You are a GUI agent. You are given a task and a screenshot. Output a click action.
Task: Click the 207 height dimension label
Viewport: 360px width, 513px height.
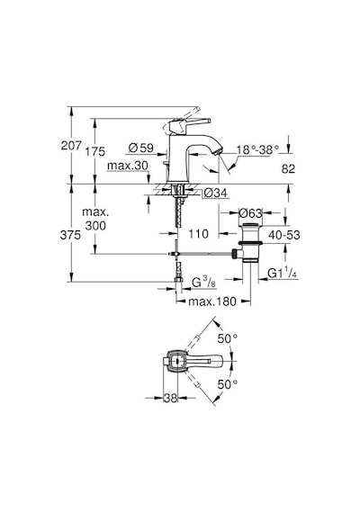71,146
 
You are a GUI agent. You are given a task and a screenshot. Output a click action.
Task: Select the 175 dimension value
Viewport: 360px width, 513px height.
95,151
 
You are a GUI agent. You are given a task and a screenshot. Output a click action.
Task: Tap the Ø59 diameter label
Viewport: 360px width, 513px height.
140,148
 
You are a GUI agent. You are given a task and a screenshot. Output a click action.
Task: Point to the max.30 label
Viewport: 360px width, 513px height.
128,166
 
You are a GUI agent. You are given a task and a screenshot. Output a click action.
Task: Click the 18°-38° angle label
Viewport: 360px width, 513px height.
258,149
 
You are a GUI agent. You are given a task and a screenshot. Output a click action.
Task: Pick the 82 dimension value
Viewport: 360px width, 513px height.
288,169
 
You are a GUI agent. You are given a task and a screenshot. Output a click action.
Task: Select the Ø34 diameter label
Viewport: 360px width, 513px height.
215,193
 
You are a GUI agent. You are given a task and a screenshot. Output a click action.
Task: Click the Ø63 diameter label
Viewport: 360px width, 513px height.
250,213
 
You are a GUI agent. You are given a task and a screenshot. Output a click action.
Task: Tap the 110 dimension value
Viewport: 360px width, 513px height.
198,234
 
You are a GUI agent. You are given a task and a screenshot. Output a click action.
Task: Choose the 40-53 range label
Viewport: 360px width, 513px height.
284,235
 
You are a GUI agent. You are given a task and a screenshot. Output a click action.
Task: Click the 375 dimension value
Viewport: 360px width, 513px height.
70,235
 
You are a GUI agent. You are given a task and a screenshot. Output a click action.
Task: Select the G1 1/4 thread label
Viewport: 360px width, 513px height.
282,273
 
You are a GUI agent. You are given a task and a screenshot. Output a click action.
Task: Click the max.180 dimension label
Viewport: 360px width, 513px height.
212,301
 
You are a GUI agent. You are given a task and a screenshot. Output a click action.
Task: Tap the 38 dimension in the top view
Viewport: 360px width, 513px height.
170,398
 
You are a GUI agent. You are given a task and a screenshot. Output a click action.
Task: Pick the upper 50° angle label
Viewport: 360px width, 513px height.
228,338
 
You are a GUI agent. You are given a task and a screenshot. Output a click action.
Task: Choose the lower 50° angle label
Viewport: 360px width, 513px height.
228,384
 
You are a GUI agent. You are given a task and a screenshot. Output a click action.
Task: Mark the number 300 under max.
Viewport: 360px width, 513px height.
95,225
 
